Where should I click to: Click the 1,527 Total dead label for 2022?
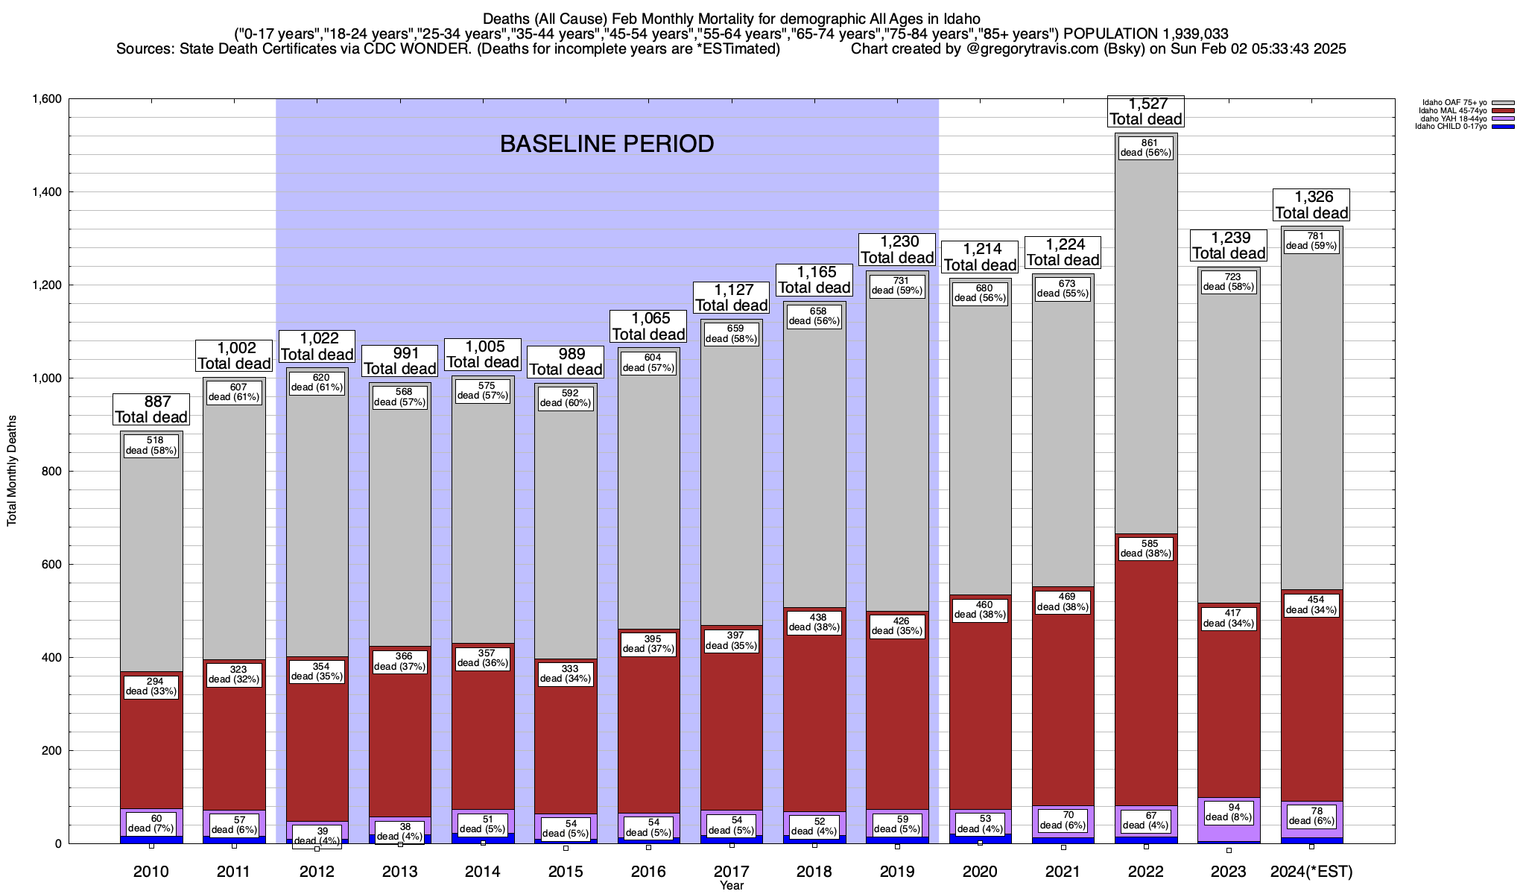point(1145,112)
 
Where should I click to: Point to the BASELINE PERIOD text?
point(607,144)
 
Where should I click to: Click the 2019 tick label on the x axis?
point(896,872)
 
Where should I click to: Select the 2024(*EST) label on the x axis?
point(1311,872)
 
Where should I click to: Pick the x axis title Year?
point(732,886)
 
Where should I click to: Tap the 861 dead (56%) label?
point(1146,148)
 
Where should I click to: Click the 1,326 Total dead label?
point(1311,205)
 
